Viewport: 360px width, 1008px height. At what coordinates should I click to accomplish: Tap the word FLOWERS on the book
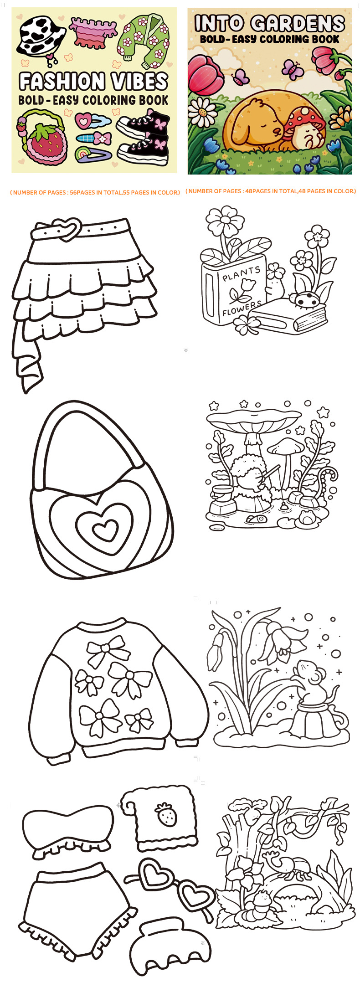click(242, 308)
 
